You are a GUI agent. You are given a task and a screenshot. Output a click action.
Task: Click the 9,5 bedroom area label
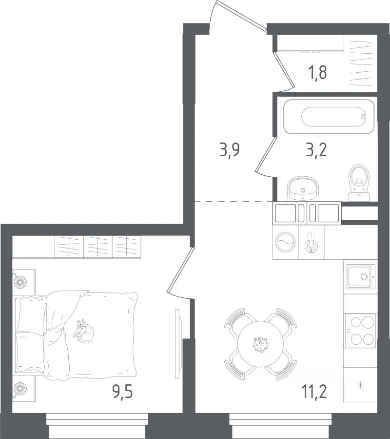coord(122,392)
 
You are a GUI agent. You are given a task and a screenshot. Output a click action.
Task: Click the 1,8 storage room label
coord(318,73)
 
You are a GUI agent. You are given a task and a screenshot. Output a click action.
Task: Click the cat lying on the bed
coord(83,331)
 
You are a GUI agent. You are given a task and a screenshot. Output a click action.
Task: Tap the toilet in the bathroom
coord(359,183)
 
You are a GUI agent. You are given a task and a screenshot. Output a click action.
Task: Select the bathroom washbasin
coord(303,188)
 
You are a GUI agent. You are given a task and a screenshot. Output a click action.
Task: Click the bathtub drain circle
coord(363,117)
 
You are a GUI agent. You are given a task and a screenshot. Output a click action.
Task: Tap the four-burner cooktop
coord(361,331)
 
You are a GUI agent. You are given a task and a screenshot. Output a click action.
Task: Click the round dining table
coord(260,344)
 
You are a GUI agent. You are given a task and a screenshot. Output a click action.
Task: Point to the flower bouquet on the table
coord(260,344)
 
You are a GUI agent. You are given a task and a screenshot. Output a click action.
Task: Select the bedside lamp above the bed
coord(20,282)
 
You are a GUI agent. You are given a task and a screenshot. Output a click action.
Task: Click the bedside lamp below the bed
coord(20,389)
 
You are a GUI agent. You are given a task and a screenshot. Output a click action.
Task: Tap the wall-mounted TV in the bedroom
coord(177,344)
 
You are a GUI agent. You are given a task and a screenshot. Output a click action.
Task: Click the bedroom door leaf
coord(180,270)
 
